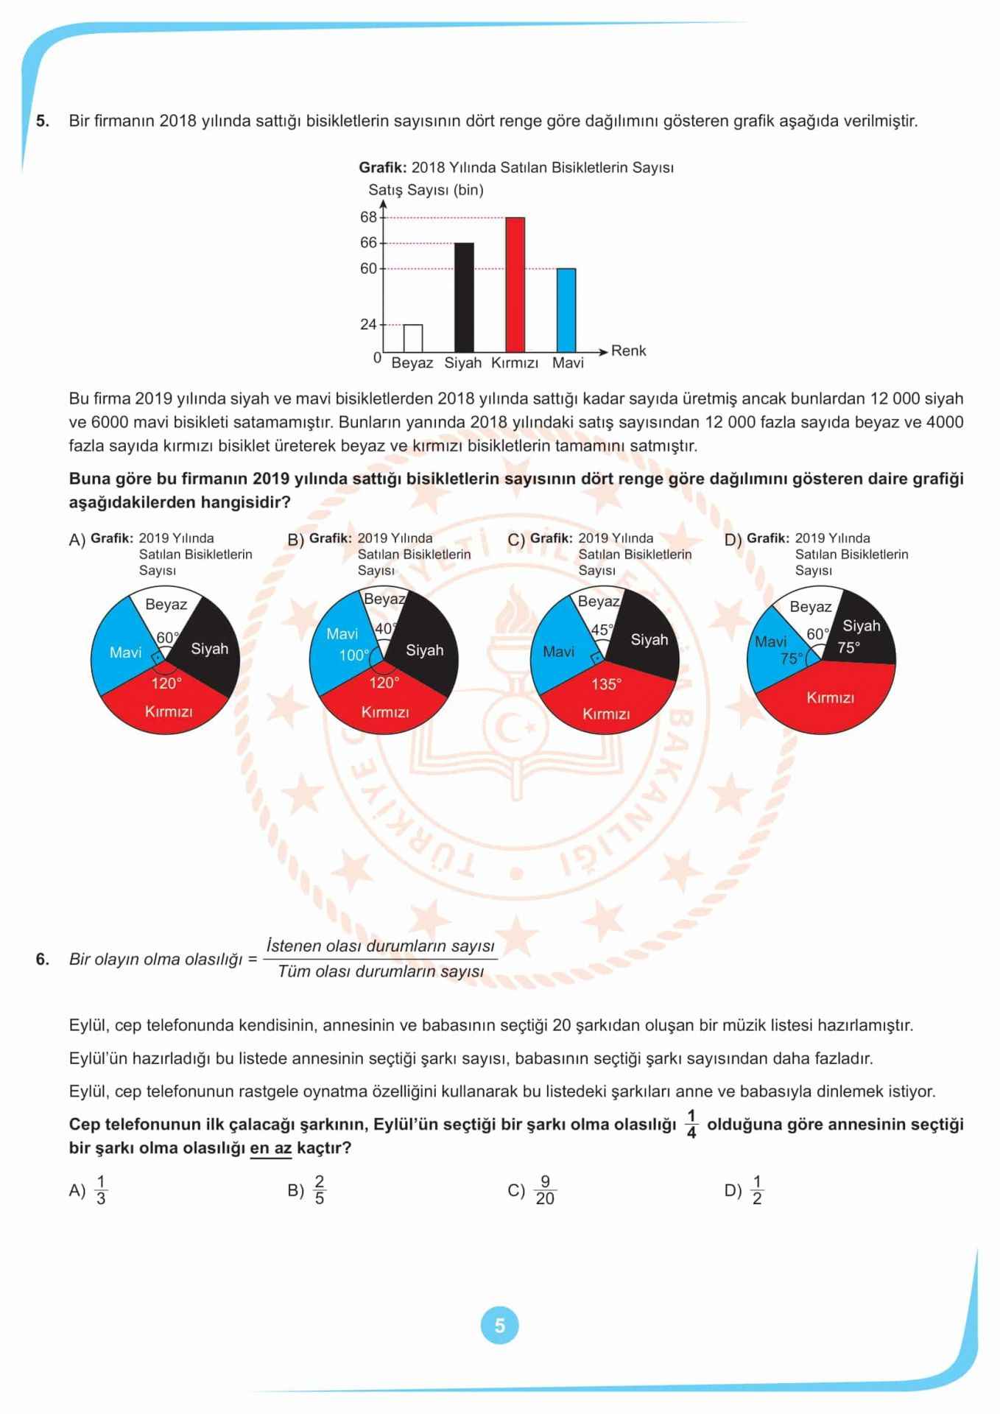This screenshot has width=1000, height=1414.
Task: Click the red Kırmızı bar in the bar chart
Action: (x=515, y=284)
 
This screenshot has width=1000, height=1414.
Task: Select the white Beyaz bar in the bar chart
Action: (x=413, y=338)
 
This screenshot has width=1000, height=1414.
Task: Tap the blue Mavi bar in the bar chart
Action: (x=566, y=310)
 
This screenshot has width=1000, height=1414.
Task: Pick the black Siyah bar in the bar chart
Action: (x=464, y=297)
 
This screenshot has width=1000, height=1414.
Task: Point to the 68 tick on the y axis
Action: (x=368, y=217)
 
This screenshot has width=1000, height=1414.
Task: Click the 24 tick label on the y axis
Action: (x=368, y=325)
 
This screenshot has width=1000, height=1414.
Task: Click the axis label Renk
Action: (x=628, y=351)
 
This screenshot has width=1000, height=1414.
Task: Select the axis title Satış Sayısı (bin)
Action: (x=426, y=190)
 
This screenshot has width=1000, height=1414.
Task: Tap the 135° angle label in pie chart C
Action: (x=606, y=684)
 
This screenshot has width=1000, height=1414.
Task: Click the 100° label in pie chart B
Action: (x=354, y=655)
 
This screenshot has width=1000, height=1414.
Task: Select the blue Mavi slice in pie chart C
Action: (x=557, y=652)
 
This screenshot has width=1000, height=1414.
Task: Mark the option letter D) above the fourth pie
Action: (x=733, y=540)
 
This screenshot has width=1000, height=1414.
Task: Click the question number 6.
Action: (x=42, y=959)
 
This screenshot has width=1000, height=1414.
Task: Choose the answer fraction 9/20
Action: (x=545, y=1191)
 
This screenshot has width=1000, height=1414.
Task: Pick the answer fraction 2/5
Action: (x=319, y=1190)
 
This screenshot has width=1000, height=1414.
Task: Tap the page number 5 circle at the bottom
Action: (x=499, y=1326)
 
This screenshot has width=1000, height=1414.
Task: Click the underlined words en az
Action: (x=271, y=1148)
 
